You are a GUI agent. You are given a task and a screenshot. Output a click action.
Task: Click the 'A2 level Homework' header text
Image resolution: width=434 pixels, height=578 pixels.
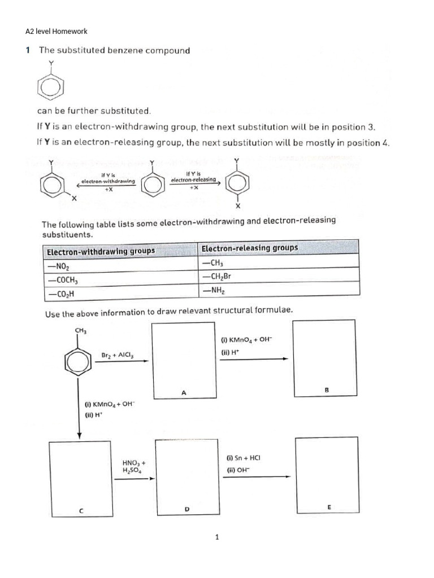coord(57,32)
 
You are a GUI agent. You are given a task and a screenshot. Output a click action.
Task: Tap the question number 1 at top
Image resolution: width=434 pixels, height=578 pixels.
coord(28,50)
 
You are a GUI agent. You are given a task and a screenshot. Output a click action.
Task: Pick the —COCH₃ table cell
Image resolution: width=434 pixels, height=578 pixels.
coord(62,280)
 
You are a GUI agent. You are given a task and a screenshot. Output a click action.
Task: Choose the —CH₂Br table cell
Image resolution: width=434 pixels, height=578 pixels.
coord(216,277)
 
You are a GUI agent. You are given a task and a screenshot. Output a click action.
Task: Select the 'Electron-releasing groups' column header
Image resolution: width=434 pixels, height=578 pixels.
coord(250,248)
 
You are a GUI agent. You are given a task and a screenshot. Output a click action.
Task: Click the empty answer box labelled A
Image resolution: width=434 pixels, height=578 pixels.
coord(184,360)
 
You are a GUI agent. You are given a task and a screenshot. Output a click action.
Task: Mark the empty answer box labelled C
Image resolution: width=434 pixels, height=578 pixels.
coord(80,476)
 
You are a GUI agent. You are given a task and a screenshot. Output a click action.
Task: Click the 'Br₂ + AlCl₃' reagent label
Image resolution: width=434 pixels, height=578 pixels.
coord(117,355)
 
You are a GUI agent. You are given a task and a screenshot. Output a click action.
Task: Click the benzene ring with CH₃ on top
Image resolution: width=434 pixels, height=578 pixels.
coord(79,356)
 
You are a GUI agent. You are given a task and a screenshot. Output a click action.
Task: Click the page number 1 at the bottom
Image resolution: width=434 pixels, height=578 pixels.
coord(217,537)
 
